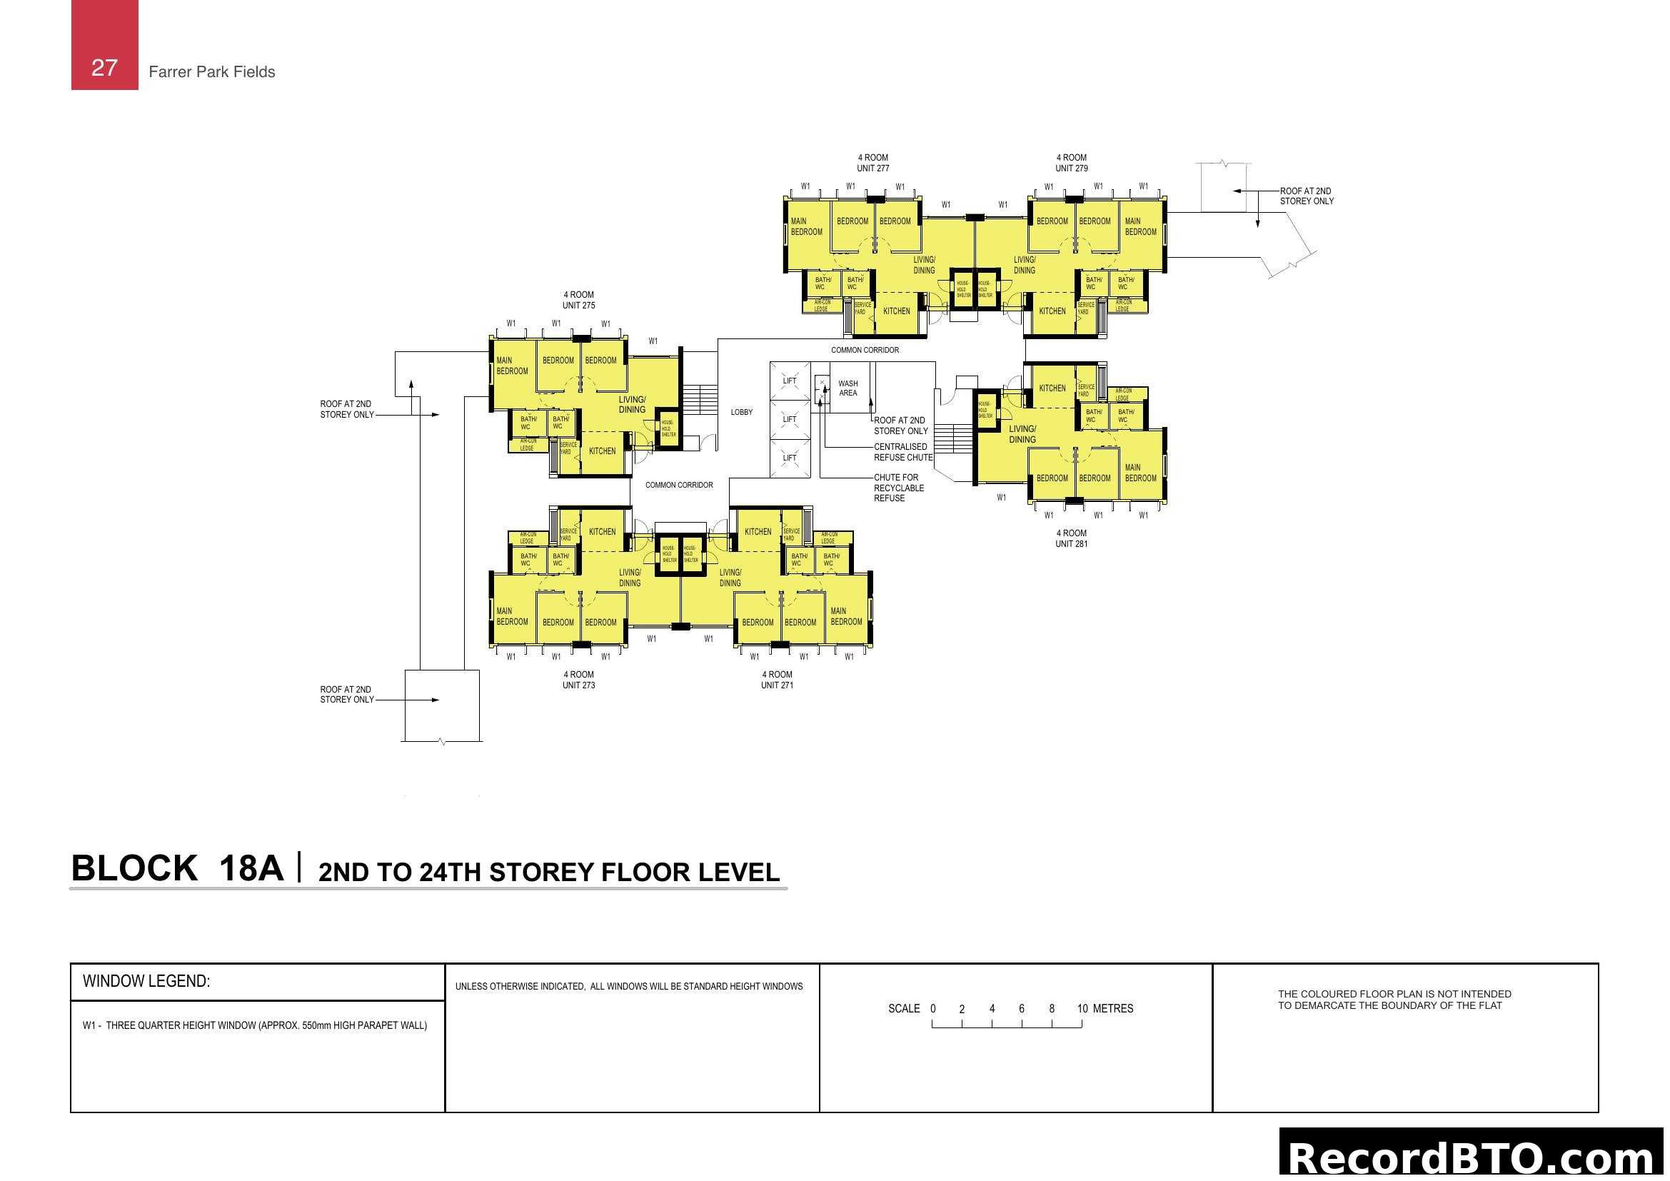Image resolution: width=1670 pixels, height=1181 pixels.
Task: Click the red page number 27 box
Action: tap(104, 46)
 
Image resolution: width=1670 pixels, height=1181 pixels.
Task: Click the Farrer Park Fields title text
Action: tap(211, 72)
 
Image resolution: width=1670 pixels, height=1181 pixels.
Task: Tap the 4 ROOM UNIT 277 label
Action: tap(872, 163)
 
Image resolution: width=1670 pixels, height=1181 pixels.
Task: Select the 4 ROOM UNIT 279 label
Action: tap(1072, 163)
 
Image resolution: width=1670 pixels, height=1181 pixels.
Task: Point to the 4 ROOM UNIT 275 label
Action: tap(578, 301)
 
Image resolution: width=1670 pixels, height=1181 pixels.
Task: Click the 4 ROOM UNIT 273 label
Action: tap(578, 680)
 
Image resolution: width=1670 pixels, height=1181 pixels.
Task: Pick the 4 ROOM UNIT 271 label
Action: tap(777, 680)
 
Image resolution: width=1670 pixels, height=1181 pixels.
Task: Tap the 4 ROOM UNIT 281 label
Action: tap(1072, 538)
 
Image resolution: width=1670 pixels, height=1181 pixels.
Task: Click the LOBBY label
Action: tap(742, 412)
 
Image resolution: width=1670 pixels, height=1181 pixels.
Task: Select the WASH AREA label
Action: tap(847, 388)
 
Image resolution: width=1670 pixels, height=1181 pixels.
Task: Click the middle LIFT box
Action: tap(790, 420)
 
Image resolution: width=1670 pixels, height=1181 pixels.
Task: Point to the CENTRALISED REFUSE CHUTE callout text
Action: tap(902, 452)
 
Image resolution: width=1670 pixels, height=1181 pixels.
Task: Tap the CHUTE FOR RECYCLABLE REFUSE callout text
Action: tap(898, 488)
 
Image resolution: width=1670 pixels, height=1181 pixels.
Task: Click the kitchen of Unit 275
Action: tap(603, 451)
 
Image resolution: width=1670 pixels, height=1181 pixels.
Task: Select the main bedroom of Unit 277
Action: tap(806, 227)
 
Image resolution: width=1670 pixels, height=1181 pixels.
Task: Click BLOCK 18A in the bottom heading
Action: tap(177, 868)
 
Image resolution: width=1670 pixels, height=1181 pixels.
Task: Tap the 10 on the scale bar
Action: tap(1082, 1009)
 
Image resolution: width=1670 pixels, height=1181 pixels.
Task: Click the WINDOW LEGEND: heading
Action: tap(146, 981)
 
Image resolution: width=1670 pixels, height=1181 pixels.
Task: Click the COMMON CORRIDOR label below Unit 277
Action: tap(865, 351)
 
